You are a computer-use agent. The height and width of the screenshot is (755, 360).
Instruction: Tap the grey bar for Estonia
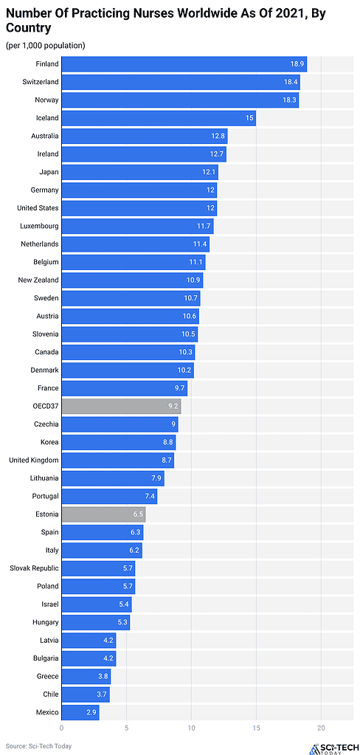[103, 514]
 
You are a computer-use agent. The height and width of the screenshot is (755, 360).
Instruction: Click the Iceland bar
[158, 118]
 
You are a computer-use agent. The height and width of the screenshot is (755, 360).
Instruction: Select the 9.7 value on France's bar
[179, 388]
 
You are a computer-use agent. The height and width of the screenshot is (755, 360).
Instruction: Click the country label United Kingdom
[33, 460]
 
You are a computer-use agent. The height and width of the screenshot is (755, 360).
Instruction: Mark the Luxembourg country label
[40, 226]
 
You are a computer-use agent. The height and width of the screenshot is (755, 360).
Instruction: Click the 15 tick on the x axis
[256, 728]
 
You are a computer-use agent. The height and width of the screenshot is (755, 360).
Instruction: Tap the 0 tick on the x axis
[62, 728]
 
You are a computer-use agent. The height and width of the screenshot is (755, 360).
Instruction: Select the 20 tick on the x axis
[321, 728]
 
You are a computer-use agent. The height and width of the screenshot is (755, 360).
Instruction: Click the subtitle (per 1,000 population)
[45, 46]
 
